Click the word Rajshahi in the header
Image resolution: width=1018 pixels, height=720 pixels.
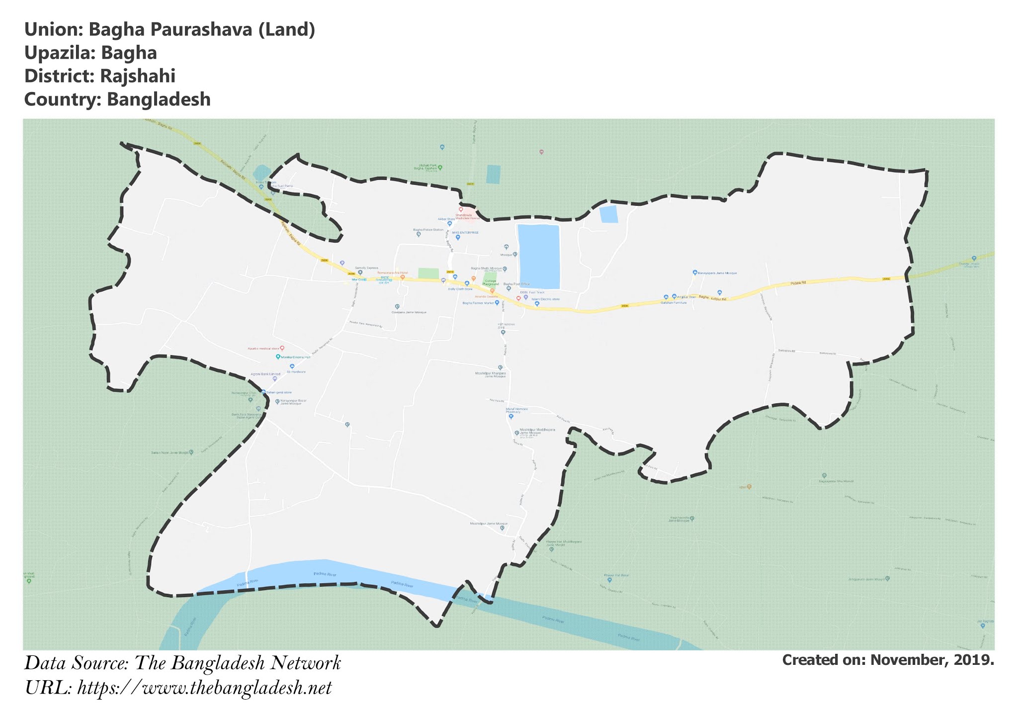pos(138,76)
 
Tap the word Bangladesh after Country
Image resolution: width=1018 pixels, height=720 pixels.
pos(159,99)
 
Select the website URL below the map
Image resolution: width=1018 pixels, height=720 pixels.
pos(204,688)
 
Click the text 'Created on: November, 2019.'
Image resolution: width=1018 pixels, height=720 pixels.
pos(888,660)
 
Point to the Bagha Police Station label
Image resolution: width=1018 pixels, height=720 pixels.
pos(428,230)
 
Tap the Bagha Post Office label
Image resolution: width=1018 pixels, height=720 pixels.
pos(516,284)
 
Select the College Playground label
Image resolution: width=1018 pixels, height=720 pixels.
pos(490,282)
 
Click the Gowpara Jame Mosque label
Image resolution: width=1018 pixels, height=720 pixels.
pos(409,312)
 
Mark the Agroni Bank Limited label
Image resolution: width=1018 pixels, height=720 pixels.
pos(265,374)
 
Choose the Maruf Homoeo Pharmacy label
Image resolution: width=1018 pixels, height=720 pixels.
pos(516,410)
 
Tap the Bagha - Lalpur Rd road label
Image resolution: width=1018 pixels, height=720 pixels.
pos(712,298)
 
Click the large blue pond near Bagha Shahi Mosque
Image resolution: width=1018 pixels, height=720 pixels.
pos(539,256)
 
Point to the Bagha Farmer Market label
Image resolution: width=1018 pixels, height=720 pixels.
pos(478,303)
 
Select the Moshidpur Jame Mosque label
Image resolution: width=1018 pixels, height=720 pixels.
pos(489,524)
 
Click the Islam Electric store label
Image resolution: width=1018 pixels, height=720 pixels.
pos(545,299)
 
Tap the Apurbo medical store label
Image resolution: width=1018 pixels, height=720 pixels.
pos(263,348)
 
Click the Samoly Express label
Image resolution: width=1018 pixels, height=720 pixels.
pos(366,268)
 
